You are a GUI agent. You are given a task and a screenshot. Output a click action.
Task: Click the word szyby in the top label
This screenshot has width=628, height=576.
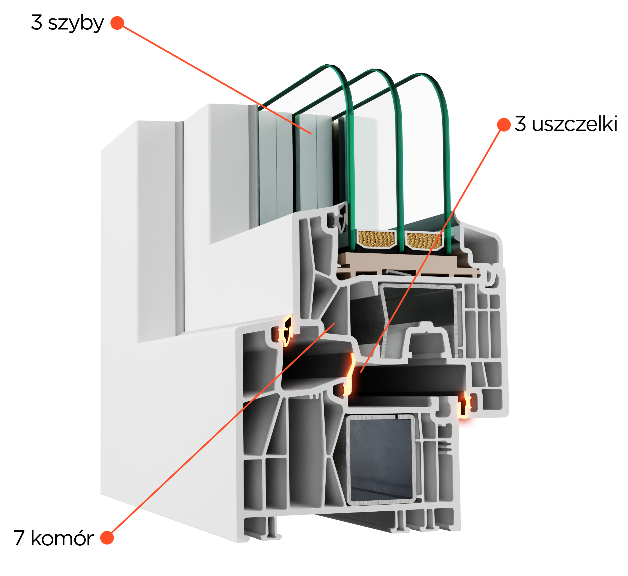tap(76, 23)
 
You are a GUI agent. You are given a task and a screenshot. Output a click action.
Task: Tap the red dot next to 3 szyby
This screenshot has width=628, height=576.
tap(117, 23)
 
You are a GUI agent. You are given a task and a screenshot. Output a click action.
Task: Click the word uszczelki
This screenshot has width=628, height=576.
tap(574, 124)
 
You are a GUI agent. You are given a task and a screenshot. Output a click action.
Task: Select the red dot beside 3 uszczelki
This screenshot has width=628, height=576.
tap(504, 125)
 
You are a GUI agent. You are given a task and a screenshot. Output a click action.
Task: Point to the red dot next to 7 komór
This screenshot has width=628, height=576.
tap(107, 538)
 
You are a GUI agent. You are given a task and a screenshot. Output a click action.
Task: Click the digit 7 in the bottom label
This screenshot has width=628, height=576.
tap(19, 538)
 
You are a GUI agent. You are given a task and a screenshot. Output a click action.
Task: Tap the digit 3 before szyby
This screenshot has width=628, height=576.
tap(37, 22)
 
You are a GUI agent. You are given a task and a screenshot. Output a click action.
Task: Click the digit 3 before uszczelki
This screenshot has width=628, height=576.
tap(520, 124)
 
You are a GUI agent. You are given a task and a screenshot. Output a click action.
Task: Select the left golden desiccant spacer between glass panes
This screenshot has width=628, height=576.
tap(376, 239)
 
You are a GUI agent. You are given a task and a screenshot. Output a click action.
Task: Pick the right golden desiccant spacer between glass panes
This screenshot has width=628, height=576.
tap(424, 240)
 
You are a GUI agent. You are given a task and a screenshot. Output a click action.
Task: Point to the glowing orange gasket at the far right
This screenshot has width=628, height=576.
tap(465, 405)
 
